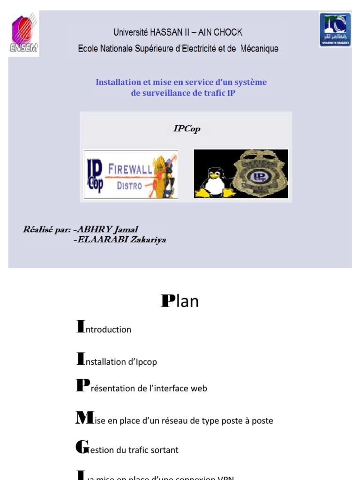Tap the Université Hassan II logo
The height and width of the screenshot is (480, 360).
coord(335,30)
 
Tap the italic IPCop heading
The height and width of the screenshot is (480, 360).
coord(187,128)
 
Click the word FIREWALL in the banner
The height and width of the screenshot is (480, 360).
coord(130,169)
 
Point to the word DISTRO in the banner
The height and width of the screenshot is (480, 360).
coord(129,186)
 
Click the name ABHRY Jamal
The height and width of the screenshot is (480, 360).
coord(107,230)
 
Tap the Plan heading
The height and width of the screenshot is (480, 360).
coord(180,301)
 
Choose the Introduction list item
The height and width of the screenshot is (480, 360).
coord(104,329)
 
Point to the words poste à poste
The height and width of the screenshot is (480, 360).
coord(251,420)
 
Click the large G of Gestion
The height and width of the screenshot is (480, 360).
coord(82,447)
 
